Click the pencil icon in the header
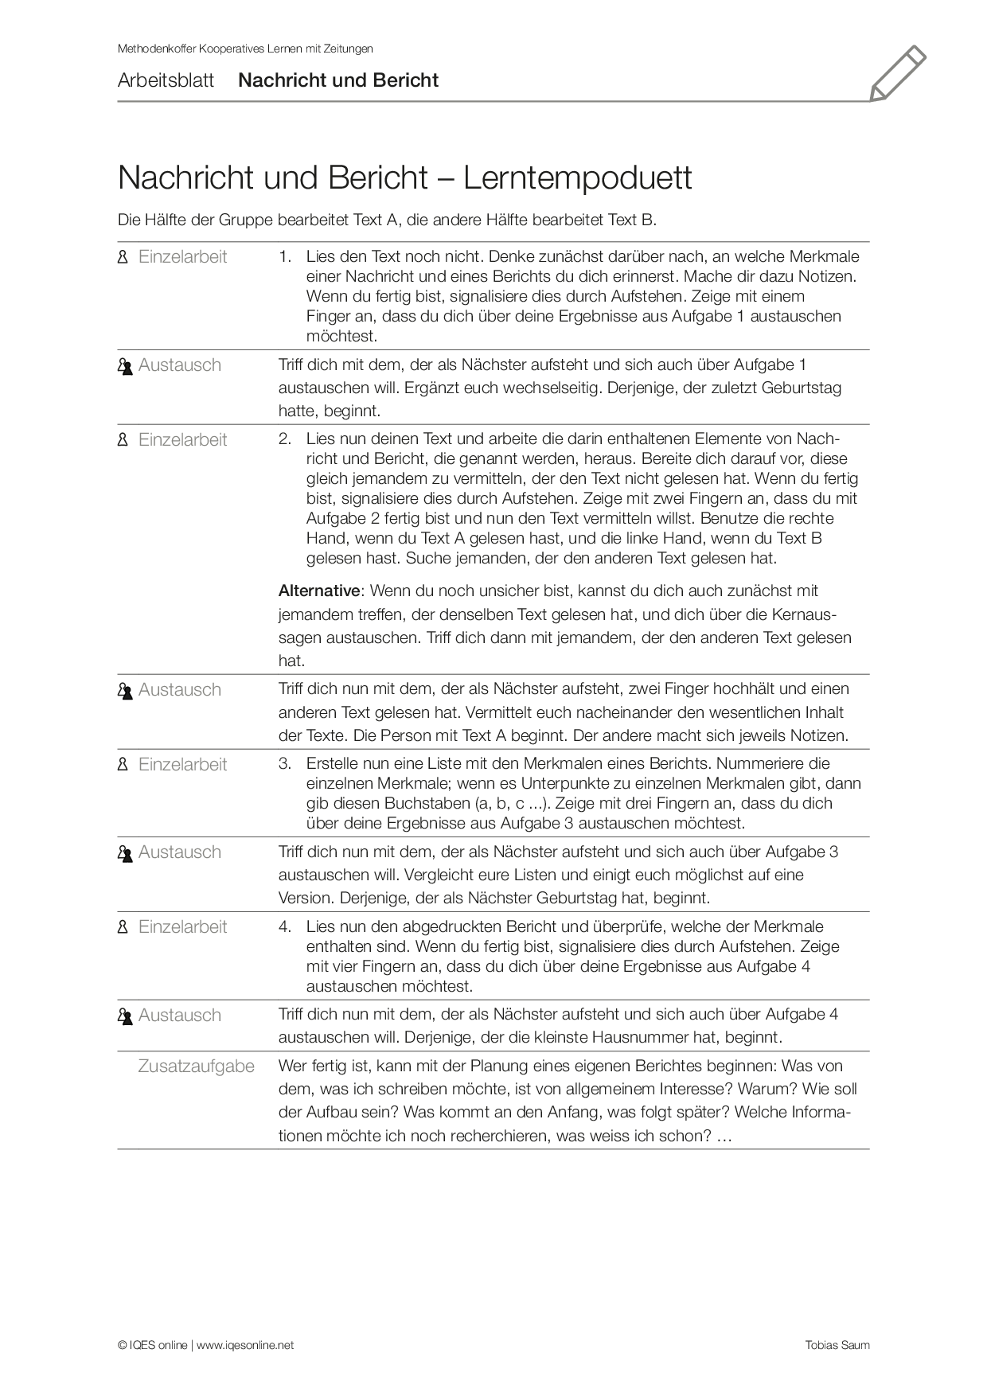[898, 73]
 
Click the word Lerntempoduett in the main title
[578, 177]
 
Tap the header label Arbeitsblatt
[166, 80]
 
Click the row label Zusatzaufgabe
[196, 1066]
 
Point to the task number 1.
[284, 257]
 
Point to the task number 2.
[284, 439]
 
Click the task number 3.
[284, 764]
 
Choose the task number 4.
[284, 927]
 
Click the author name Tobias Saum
[837, 1345]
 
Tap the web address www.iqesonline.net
[245, 1345]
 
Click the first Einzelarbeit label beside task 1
[182, 257]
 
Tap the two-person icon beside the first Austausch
[124, 366]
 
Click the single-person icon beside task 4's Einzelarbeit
[123, 927]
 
